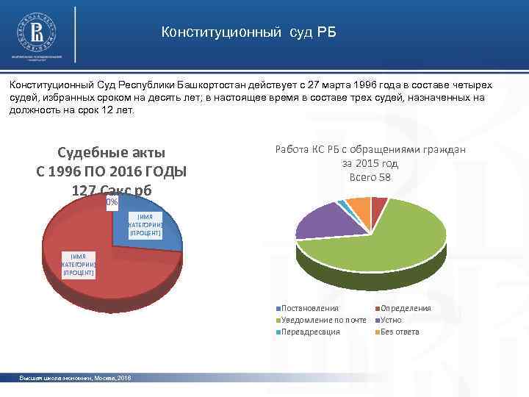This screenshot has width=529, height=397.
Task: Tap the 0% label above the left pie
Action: (x=111, y=202)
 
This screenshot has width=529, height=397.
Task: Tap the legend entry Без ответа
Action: (x=400, y=332)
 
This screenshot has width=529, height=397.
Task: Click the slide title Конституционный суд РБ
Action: (x=248, y=33)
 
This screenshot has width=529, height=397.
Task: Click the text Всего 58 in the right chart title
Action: (x=370, y=177)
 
